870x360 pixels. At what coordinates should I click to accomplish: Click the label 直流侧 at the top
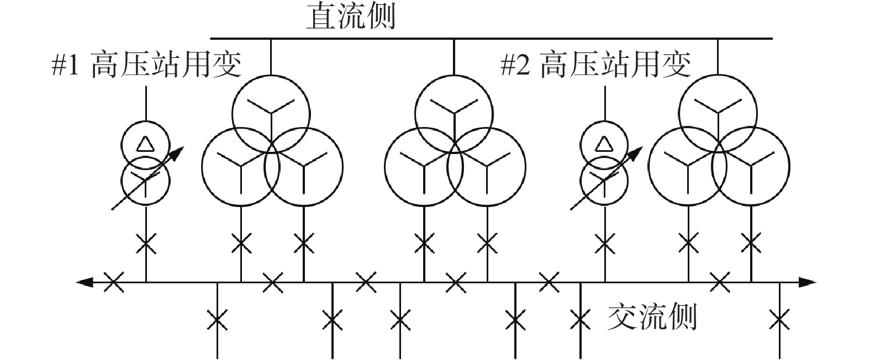351,17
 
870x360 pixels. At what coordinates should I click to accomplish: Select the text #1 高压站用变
147,64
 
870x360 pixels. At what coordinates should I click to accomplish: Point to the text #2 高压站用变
596,64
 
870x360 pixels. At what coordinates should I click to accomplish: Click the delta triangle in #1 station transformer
146,144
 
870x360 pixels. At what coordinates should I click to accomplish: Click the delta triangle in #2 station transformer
604,144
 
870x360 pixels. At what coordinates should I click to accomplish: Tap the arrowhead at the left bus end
85,282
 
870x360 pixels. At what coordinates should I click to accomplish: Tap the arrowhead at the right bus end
808,282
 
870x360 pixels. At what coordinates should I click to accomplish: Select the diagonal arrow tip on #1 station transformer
184,147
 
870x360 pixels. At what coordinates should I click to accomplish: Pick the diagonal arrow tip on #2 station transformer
643,147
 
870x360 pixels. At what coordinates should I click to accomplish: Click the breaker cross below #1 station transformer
146,243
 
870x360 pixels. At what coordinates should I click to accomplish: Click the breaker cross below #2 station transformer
605,243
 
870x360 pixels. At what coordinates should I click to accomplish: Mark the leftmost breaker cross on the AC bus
113,282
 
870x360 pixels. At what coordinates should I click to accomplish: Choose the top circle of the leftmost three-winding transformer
271,75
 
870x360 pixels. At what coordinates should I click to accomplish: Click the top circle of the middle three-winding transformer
454,75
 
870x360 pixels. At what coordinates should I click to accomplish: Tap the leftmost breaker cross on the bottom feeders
217,320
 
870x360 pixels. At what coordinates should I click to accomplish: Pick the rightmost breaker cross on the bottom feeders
779,320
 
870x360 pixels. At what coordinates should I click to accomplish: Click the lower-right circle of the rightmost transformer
790,166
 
